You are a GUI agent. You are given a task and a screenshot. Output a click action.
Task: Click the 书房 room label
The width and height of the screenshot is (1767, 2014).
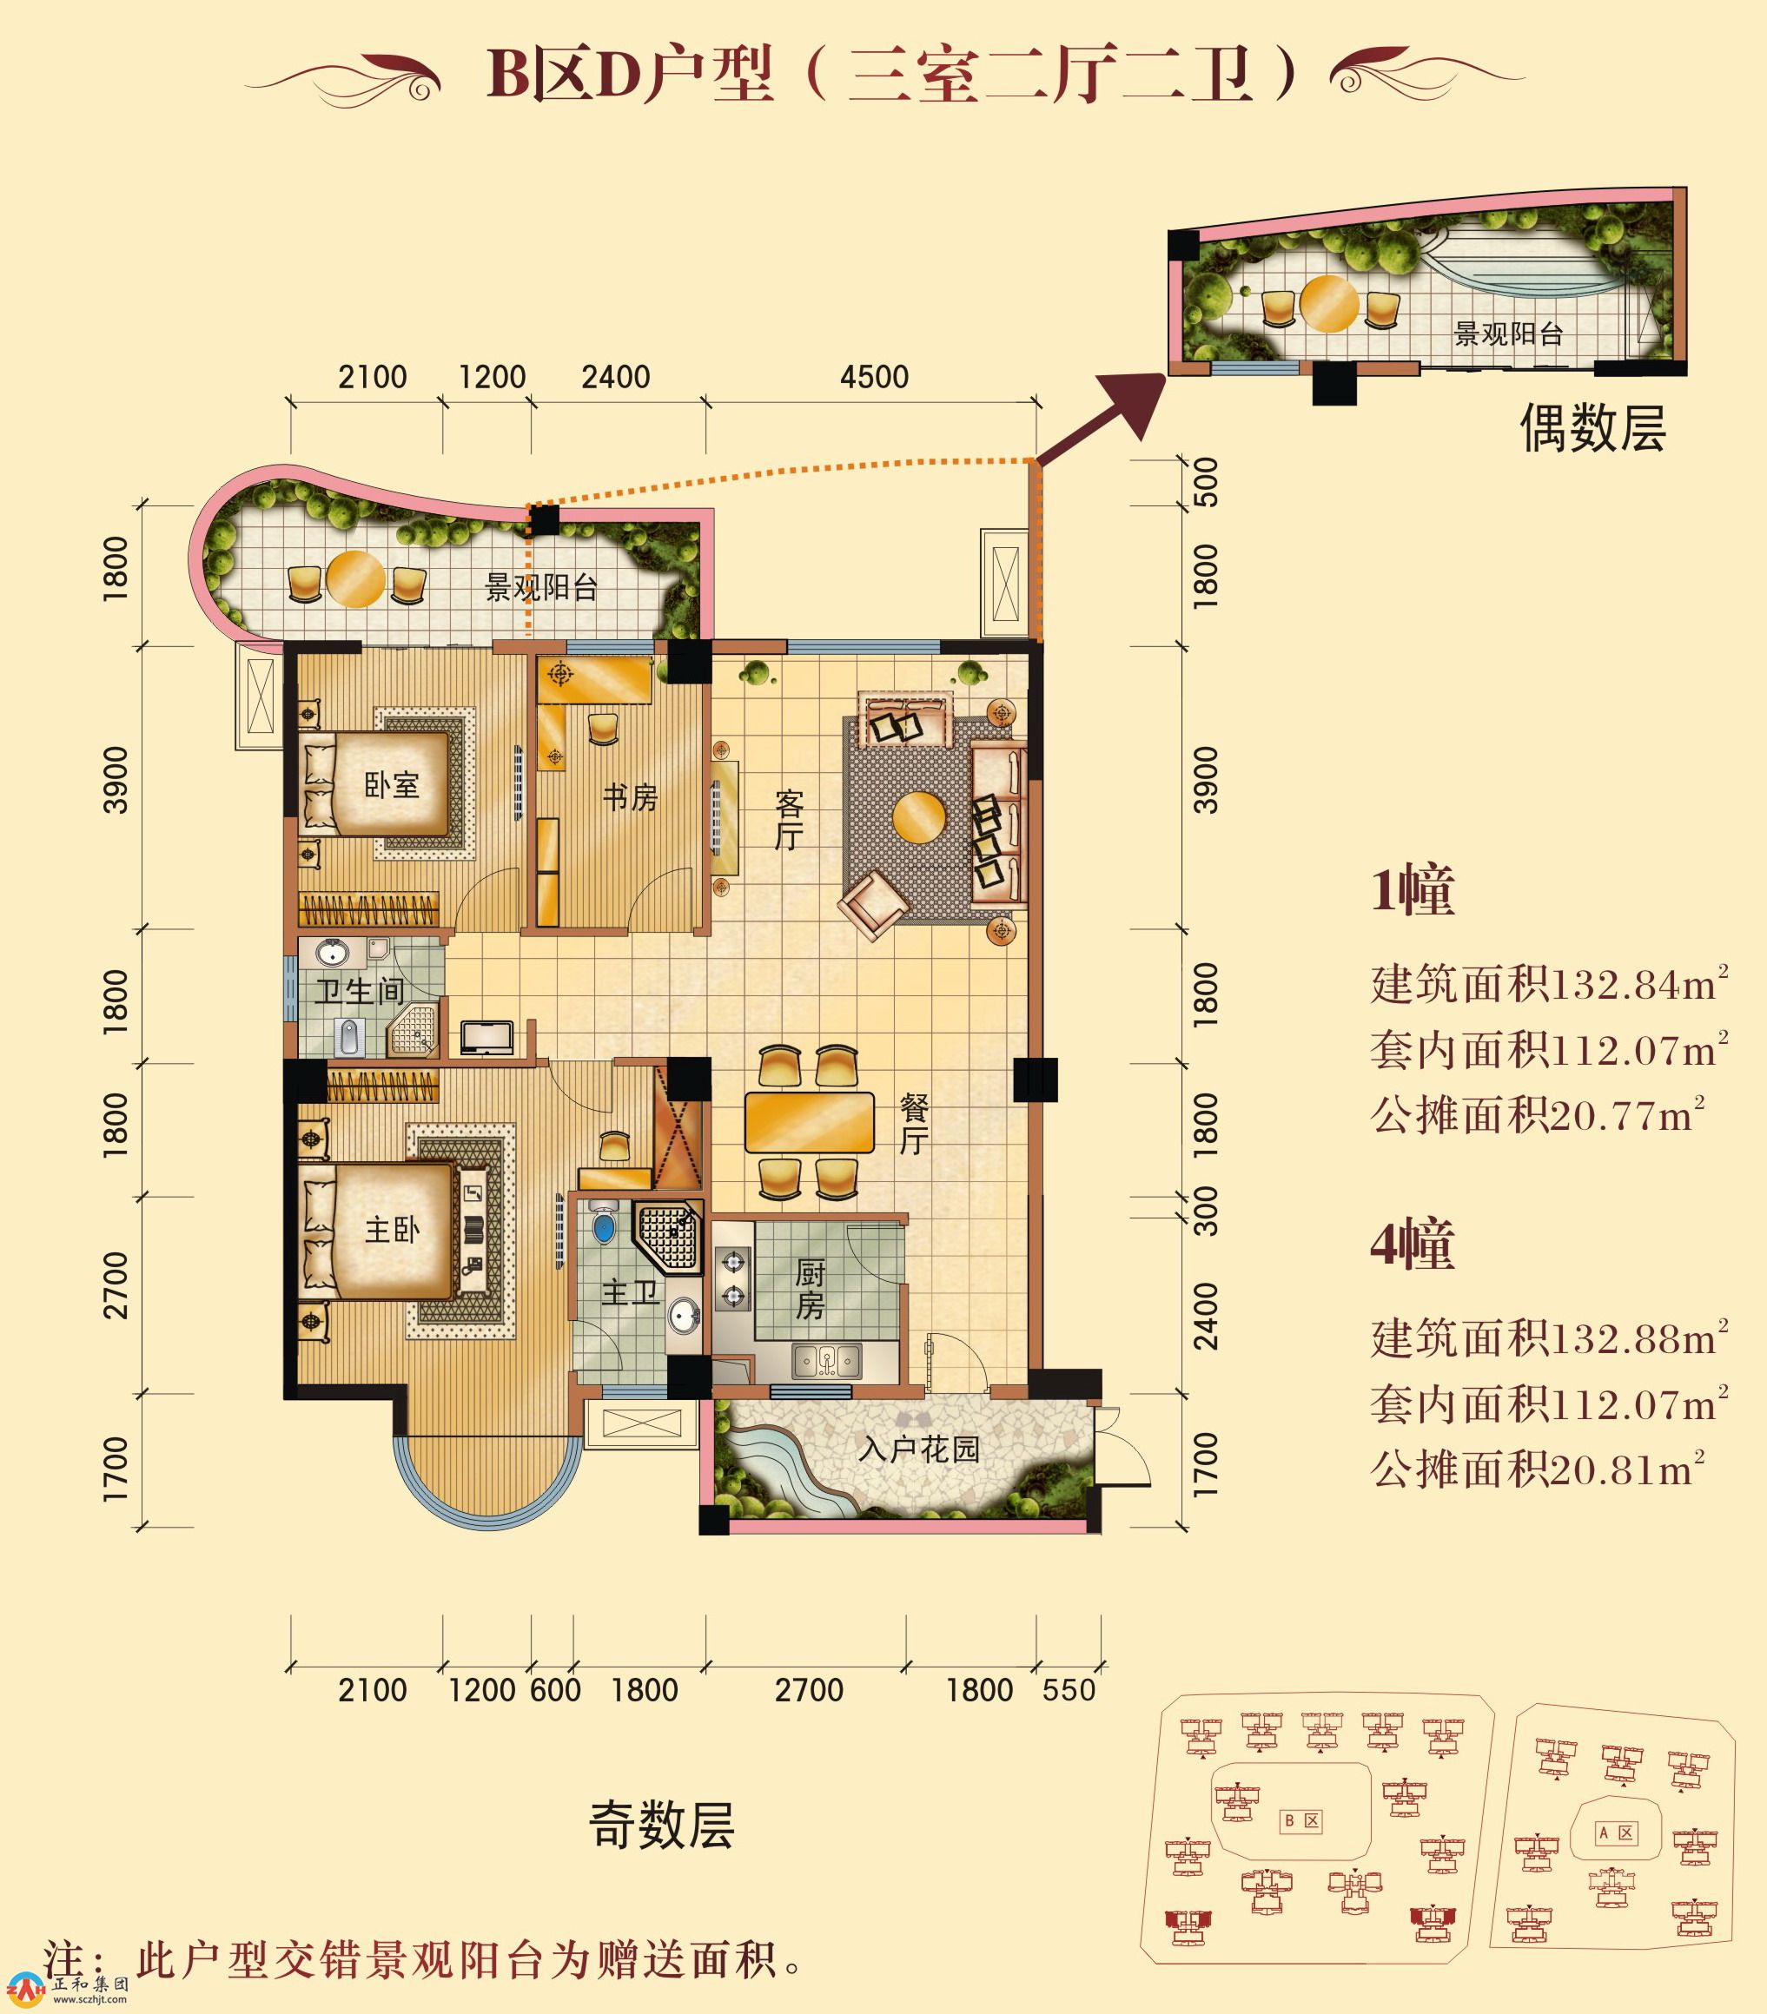630,797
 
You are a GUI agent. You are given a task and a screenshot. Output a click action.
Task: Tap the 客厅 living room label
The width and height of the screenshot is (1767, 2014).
790,820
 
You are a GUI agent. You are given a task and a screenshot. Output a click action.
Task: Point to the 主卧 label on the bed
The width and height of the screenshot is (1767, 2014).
392,1231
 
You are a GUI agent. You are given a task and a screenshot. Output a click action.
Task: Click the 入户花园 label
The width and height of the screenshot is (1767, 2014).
918,1449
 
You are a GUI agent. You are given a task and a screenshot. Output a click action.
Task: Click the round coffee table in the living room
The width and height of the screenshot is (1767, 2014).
919,818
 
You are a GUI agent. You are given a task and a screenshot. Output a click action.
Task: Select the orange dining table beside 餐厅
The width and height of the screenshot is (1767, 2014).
809,1121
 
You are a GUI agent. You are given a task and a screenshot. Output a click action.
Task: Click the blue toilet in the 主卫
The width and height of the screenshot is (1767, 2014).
603,1227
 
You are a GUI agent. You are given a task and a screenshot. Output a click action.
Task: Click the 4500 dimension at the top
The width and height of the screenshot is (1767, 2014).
874,376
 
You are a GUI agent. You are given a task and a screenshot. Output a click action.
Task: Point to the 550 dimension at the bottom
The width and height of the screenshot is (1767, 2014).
1069,1690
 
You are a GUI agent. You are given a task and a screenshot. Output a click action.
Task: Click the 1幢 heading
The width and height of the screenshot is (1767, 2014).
1413,892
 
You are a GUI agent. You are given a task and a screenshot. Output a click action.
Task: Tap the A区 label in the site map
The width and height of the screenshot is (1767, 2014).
1616,1832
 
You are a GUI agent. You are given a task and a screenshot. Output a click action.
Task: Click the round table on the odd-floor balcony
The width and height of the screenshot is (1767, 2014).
356,578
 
